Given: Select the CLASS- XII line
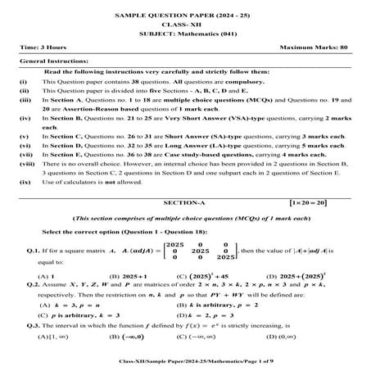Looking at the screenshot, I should [185, 24].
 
